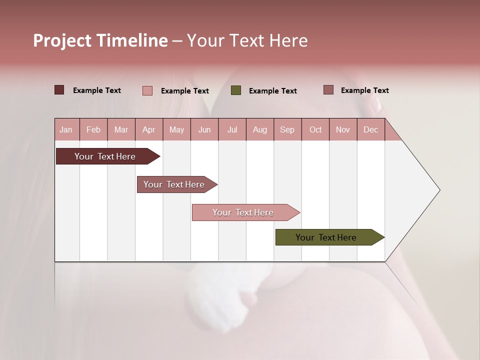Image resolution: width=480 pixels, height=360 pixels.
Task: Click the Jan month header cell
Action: point(66,129)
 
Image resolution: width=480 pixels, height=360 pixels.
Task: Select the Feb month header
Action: point(93,129)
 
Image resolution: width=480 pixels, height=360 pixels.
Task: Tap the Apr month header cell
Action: point(149,129)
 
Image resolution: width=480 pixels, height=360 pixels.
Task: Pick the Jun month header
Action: point(204,129)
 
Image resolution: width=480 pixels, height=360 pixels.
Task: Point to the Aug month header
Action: point(260,129)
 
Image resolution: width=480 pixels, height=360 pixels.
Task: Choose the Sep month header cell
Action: point(287,129)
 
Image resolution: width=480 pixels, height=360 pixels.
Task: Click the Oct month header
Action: point(315,129)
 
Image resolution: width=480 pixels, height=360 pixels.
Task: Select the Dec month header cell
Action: point(371,129)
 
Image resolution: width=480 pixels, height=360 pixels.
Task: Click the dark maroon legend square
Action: point(59,90)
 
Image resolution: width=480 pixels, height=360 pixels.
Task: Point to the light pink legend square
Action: point(147,90)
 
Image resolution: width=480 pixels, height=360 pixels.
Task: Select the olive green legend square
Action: point(236,90)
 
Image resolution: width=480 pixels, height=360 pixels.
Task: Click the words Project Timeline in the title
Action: point(100,40)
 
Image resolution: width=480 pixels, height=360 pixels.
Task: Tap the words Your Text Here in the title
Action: point(247,40)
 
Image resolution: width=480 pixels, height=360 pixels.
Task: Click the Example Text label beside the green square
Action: point(272,91)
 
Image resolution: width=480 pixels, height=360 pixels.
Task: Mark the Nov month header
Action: point(343,129)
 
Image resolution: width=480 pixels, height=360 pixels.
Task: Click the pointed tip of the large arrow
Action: point(438,190)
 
